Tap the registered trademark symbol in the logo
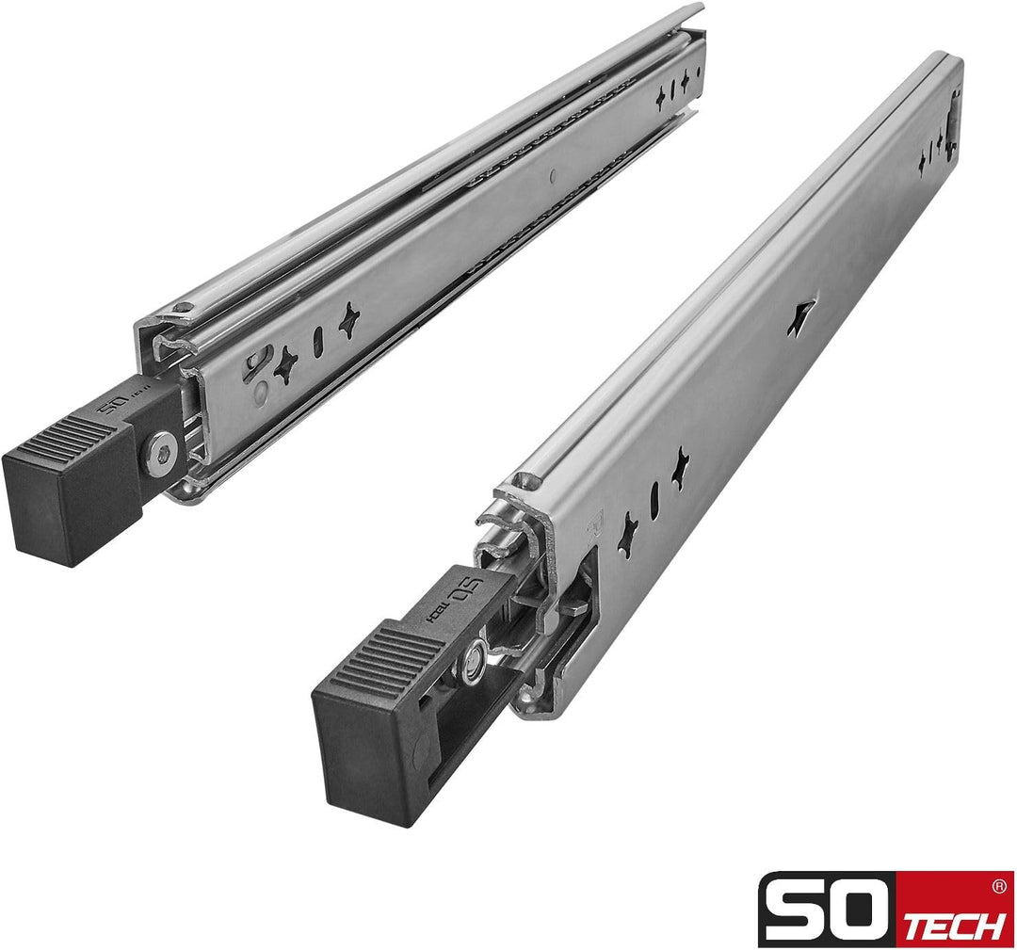click(999, 886)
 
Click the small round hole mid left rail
click(553, 175)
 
